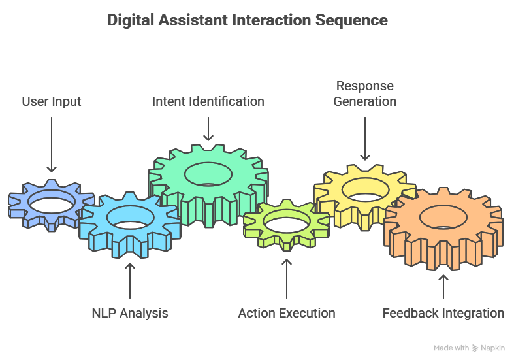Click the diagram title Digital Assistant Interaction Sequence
(247, 20)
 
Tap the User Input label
(52, 101)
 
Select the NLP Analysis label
(130, 313)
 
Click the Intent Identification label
(208, 101)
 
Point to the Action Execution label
(286, 313)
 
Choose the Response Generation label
(365, 93)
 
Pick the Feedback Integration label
(443, 313)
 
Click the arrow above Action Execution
(286, 278)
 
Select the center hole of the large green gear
(208, 174)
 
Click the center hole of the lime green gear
(286, 223)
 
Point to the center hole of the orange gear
(443, 216)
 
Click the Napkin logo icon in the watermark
(475, 348)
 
